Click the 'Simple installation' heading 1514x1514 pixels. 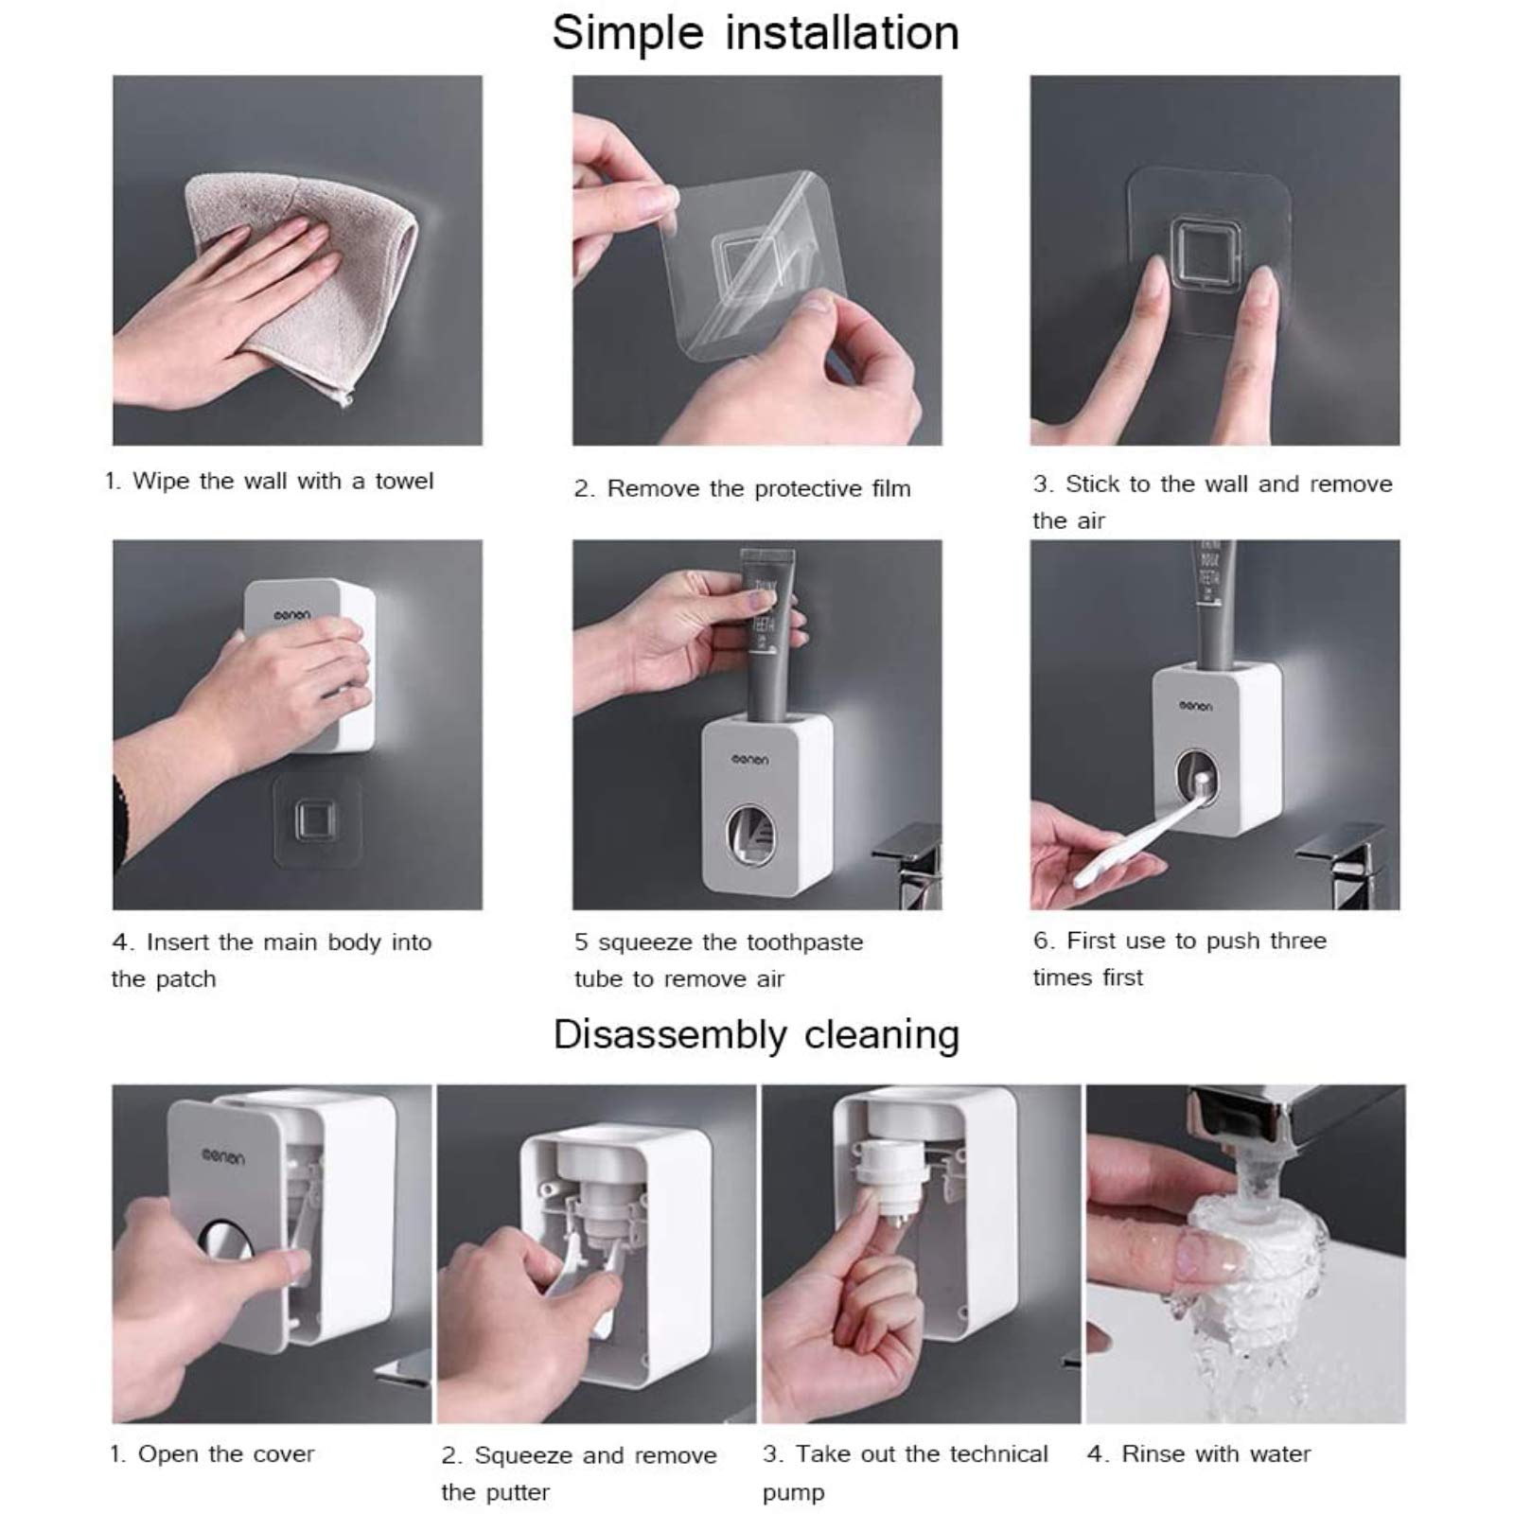click(755, 34)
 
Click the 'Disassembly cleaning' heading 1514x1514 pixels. click(756, 1035)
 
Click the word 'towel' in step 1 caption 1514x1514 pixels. click(404, 481)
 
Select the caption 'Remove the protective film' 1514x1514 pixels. click(759, 488)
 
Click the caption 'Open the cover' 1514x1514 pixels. click(226, 1453)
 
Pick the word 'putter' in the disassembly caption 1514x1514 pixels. click(516, 1493)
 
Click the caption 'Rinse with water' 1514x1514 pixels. click(1216, 1453)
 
